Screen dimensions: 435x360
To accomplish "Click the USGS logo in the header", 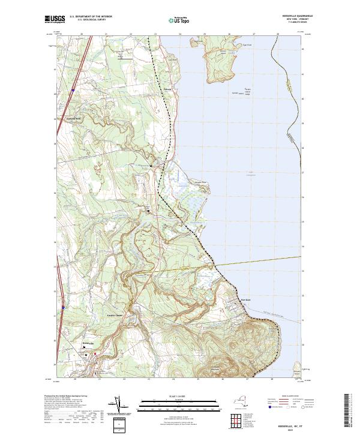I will pyautogui.click(x=52, y=19).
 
